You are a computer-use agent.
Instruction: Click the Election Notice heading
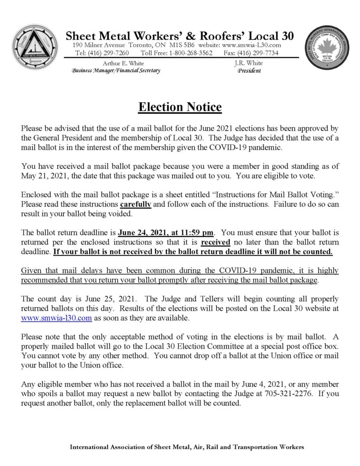180,107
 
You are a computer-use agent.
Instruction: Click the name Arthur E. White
123,63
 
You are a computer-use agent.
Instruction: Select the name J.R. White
248,63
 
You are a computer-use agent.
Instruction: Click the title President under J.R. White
249,71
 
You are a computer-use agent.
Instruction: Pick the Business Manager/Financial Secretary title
116,71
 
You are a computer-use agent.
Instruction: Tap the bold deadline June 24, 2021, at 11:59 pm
166,232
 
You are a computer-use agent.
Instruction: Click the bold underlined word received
216,242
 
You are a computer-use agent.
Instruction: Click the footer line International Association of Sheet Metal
187,447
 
